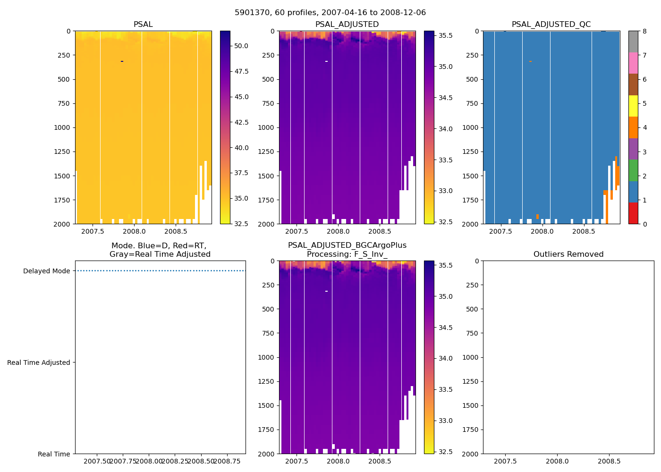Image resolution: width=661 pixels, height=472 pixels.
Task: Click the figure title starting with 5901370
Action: (x=330, y=13)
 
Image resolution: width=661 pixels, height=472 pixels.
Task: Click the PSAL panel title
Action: (x=143, y=25)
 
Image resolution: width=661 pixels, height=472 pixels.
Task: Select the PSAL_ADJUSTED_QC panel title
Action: (x=551, y=25)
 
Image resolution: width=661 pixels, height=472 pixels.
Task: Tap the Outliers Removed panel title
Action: (x=568, y=254)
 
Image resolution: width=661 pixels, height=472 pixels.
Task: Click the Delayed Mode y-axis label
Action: (x=46, y=271)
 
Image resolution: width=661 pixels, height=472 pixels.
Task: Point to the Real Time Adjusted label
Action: (x=39, y=362)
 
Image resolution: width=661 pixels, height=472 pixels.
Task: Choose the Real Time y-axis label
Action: (x=54, y=454)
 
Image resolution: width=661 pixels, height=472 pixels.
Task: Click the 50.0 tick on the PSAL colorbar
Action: (x=241, y=46)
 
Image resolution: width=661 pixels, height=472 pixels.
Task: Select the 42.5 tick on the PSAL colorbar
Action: (x=241, y=122)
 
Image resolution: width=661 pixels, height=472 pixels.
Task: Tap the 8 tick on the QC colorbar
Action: (x=644, y=31)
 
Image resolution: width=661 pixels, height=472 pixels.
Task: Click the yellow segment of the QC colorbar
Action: (x=633, y=106)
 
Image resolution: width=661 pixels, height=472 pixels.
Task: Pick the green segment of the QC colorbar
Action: (x=633, y=170)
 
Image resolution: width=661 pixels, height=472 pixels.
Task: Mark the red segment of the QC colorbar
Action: (x=633, y=213)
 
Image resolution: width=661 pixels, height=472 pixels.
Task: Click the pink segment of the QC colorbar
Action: (x=633, y=63)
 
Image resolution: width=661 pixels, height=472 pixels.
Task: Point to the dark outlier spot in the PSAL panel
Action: (x=122, y=61)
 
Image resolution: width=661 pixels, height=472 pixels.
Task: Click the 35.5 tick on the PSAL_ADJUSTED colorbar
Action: (x=446, y=36)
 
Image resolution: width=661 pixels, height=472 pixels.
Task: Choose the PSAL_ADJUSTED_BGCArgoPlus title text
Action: (x=347, y=245)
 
